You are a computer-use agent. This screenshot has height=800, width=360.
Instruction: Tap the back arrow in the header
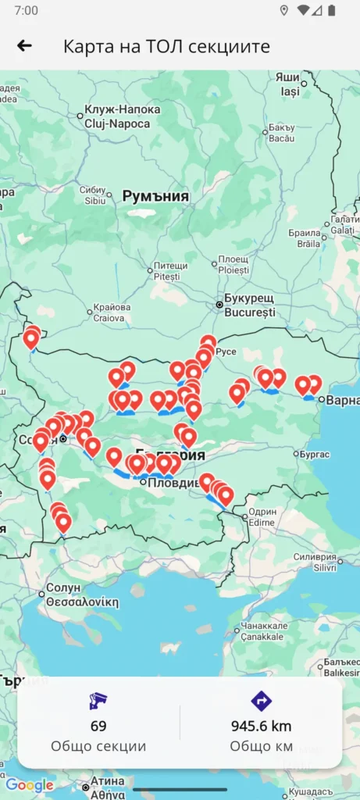(24, 45)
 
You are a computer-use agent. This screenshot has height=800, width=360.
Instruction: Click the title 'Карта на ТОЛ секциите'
(166, 46)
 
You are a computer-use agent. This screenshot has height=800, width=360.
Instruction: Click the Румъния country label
(155, 196)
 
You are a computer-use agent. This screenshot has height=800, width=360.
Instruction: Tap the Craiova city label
(111, 312)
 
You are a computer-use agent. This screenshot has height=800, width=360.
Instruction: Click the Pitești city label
(166, 270)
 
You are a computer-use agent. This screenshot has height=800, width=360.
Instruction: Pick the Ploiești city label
(233, 264)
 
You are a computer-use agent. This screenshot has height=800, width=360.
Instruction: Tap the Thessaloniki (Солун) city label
(81, 595)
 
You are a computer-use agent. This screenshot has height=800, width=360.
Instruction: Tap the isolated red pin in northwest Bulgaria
(31, 338)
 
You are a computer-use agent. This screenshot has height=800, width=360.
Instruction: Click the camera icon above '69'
(98, 701)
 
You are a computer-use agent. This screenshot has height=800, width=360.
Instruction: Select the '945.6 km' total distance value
(261, 726)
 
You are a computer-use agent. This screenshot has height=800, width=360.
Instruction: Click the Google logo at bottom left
(30, 785)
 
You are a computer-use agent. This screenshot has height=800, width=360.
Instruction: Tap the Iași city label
(288, 84)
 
